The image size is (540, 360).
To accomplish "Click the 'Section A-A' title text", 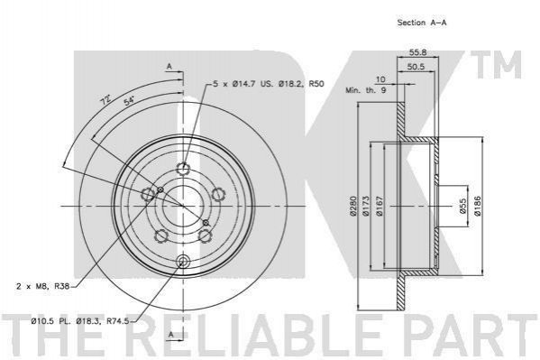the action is pyautogui.click(x=422, y=23).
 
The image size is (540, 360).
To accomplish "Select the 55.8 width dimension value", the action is pyautogui.click(x=418, y=52).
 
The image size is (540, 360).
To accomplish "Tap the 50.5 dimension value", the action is pyautogui.click(x=416, y=67).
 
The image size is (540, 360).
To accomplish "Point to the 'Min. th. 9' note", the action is pyautogui.click(x=366, y=90).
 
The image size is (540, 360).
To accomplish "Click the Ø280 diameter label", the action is pyautogui.click(x=352, y=207).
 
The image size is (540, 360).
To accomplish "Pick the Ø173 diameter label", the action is pyautogui.click(x=365, y=207).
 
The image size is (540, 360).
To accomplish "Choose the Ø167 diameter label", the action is pyautogui.click(x=380, y=207).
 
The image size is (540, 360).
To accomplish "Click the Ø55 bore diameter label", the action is pyautogui.click(x=462, y=206).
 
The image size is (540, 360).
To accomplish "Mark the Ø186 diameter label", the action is pyautogui.click(x=477, y=207).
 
